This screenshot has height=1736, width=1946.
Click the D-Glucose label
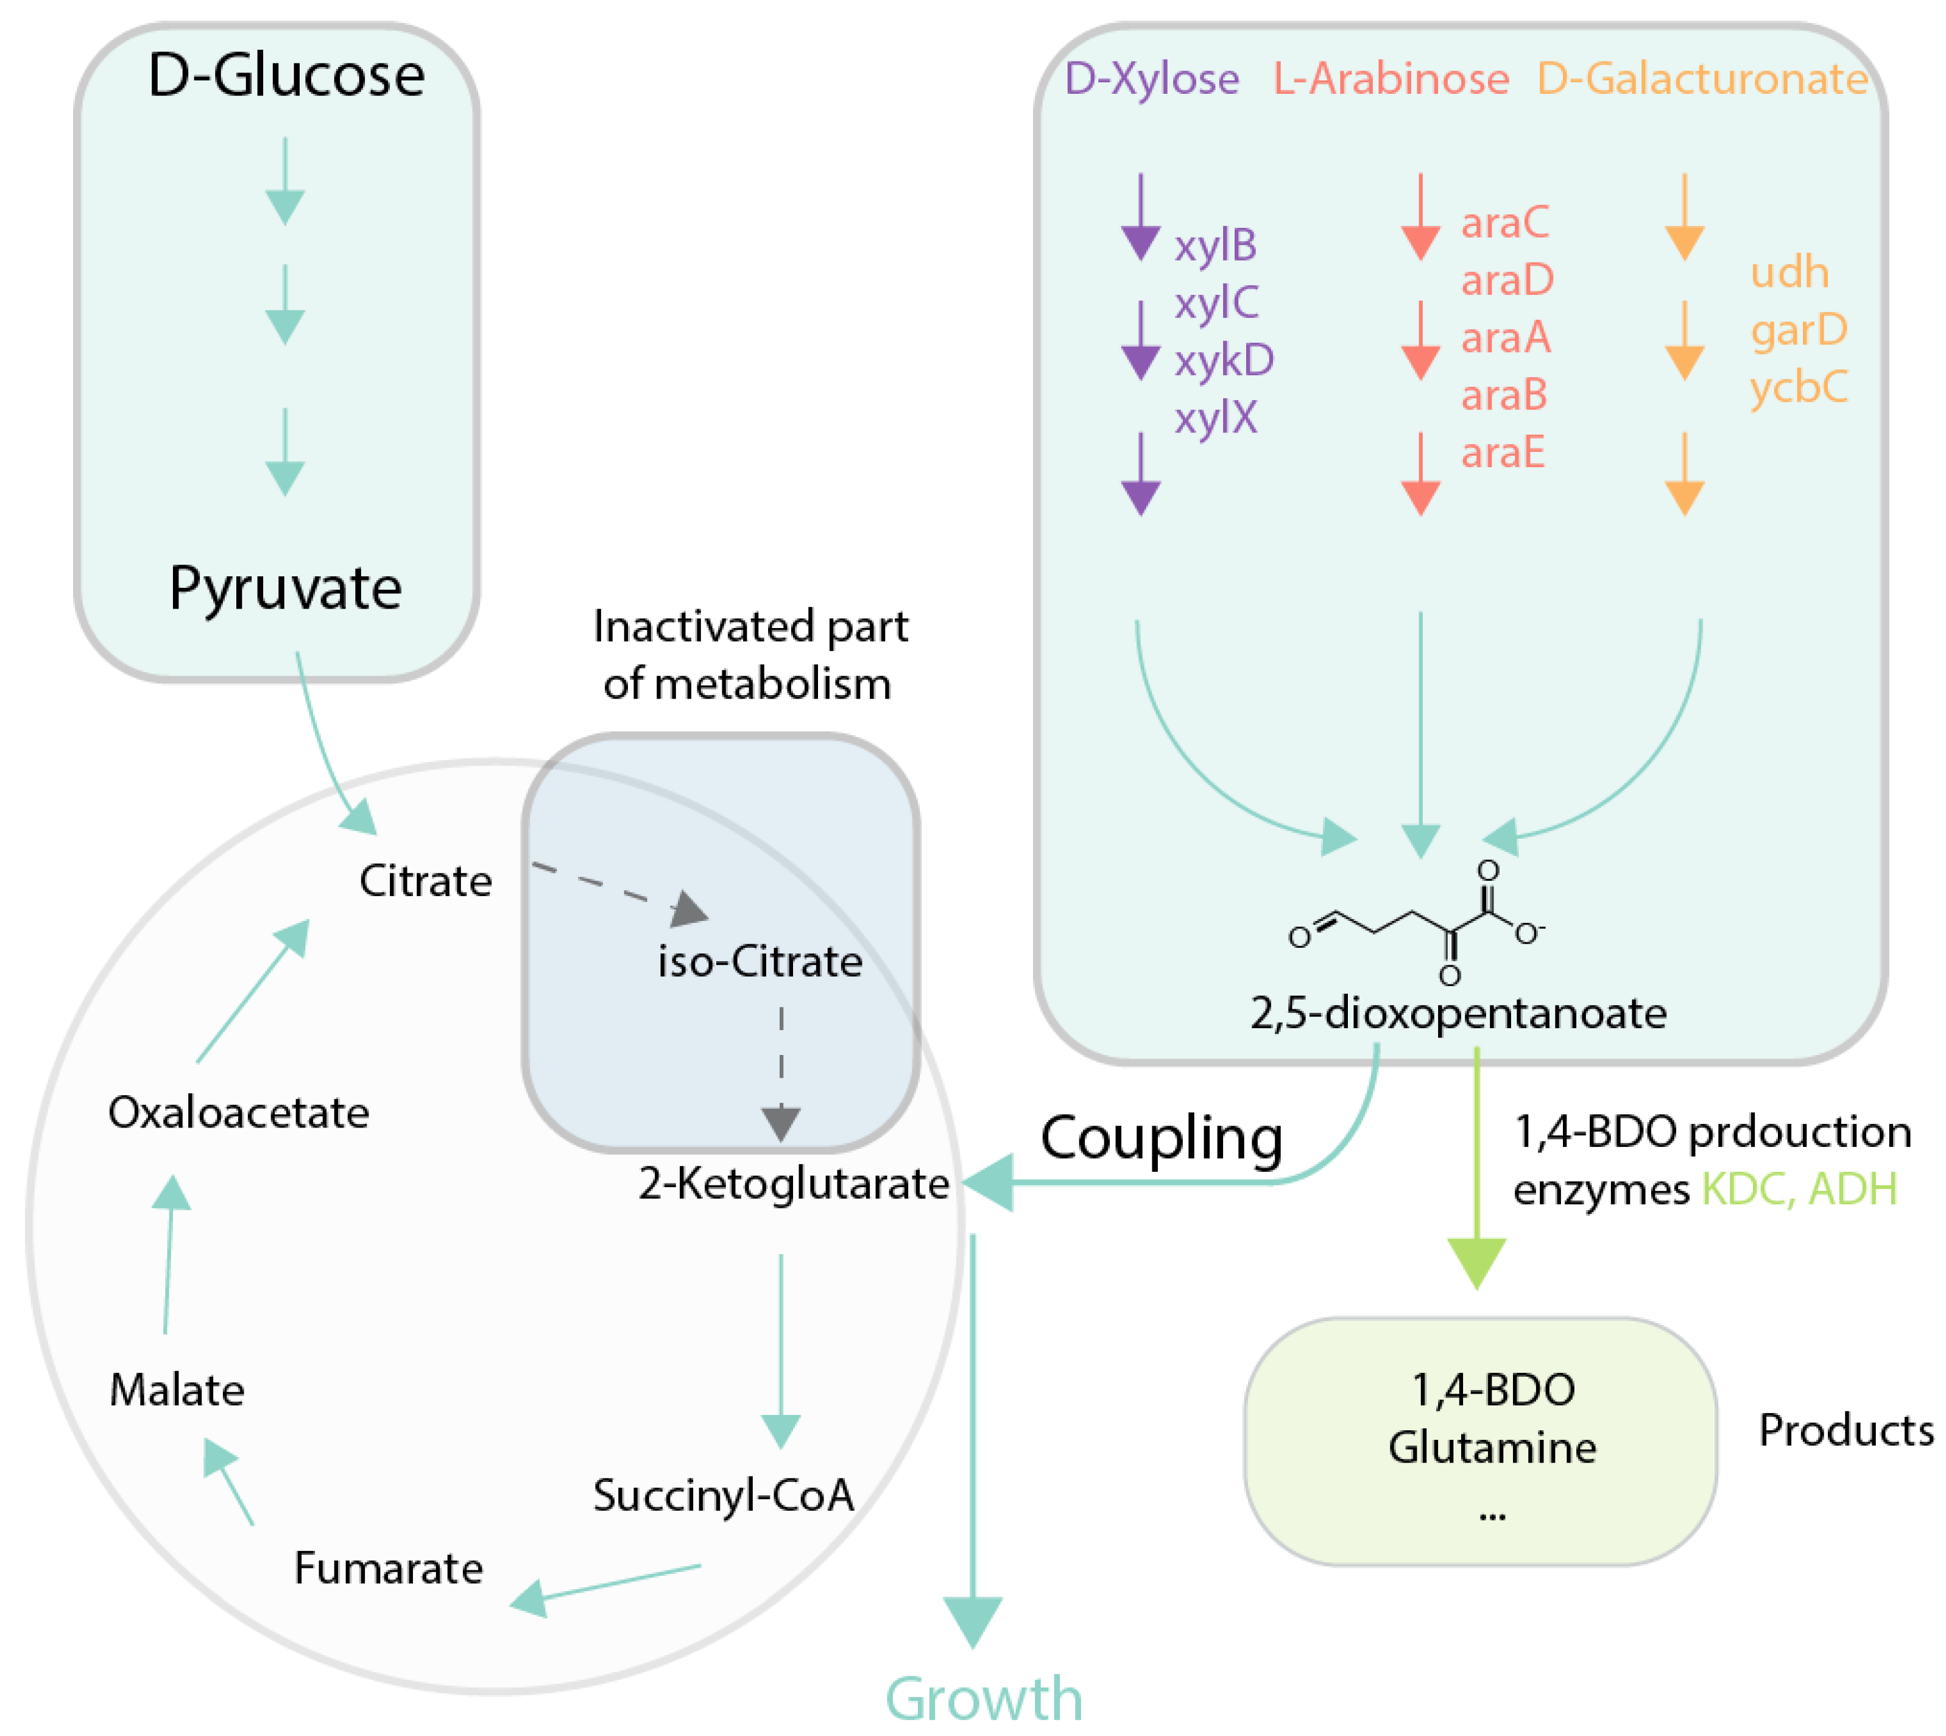pos(286,76)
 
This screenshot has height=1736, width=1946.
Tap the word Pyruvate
pos(285,588)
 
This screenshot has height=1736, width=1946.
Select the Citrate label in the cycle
pos(426,880)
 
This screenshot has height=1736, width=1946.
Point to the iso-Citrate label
pos(760,961)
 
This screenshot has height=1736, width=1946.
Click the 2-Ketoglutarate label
pos(792,1184)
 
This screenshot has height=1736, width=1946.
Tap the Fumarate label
pos(388,1568)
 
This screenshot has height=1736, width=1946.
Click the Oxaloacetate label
pos(239,1112)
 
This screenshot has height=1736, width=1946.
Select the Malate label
pos(177,1390)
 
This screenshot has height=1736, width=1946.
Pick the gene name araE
pos(1503,452)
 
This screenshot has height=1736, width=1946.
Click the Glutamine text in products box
pos(1492,1447)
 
